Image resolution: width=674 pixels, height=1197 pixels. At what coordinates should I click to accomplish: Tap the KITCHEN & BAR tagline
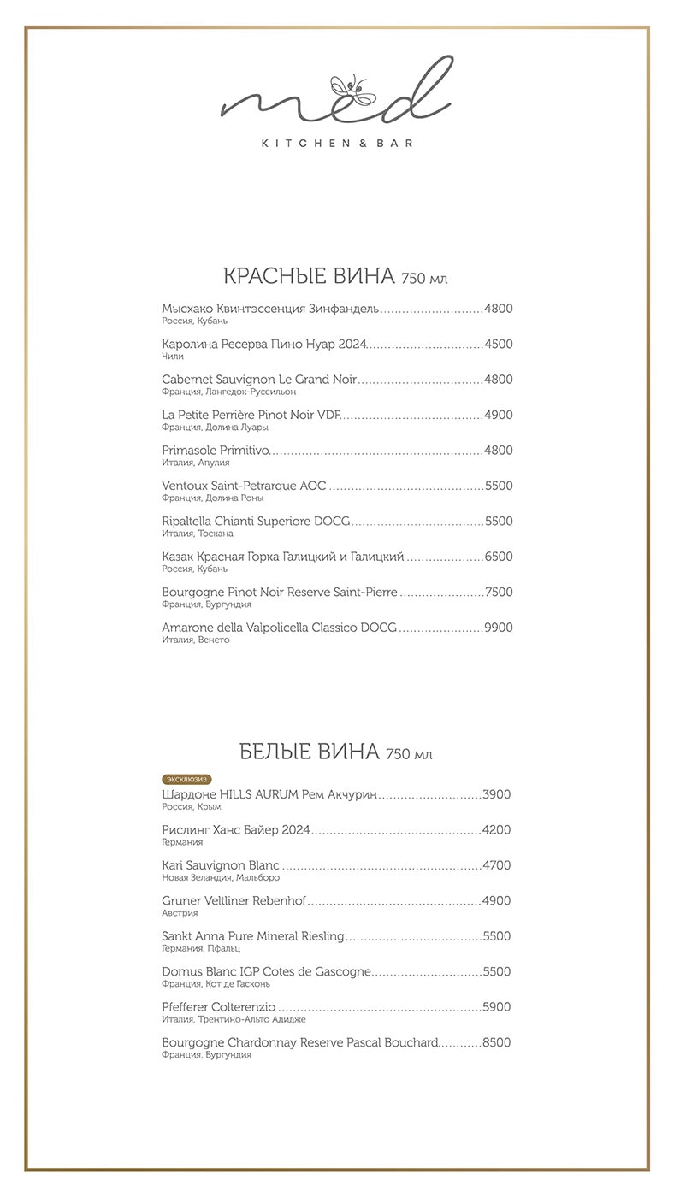pos(337,144)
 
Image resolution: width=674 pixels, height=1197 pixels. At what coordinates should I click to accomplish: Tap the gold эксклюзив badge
pos(186,779)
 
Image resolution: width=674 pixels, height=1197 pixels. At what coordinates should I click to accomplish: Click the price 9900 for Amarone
pos(498,628)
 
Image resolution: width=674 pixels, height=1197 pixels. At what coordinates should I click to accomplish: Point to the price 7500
pos(498,592)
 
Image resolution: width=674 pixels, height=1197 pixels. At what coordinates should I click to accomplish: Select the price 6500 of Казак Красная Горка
pos(498,557)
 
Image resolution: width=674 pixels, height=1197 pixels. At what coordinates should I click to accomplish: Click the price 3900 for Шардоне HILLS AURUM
pos(496,794)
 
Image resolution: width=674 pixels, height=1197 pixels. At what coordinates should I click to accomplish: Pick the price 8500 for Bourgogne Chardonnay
pos(496,1042)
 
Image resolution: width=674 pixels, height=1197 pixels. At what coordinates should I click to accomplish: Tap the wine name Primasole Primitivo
pos(216,451)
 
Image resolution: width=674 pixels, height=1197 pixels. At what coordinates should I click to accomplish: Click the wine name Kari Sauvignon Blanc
pos(221,865)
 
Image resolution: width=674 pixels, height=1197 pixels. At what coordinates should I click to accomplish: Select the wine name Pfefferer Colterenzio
pos(219,1007)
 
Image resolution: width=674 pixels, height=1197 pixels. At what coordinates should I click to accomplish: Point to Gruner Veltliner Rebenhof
pos(234,900)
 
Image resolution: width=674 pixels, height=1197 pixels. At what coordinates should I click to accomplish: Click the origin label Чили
pos(173,357)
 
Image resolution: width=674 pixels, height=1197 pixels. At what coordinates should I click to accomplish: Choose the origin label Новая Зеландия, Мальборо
pos(221,877)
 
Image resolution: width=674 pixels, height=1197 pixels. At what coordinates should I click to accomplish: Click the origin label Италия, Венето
pos(196,640)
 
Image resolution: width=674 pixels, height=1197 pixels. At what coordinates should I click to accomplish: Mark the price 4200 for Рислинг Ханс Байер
pos(496,829)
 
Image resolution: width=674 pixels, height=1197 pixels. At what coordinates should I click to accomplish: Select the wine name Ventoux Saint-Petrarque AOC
pos(244,486)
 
